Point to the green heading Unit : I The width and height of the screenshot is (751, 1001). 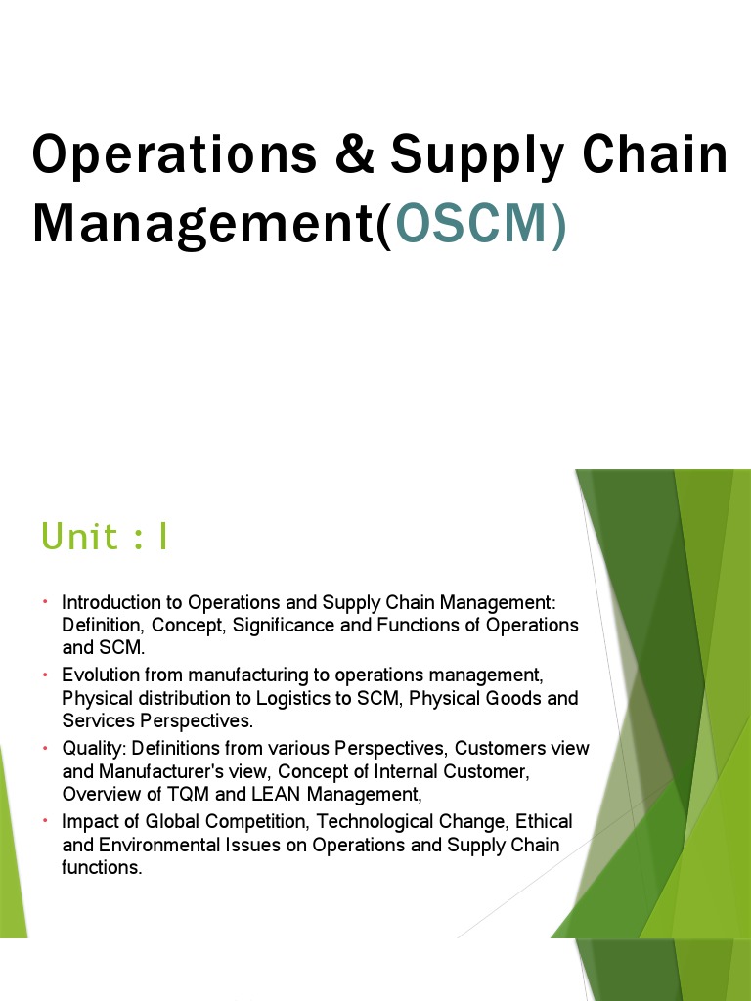pos(104,537)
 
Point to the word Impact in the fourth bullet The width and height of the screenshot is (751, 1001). pos(86,821)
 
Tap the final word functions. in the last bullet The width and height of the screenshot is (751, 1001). pos(102,868)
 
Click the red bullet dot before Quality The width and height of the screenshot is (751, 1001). pos(45,748)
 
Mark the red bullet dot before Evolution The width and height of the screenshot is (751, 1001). pos(45,675)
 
